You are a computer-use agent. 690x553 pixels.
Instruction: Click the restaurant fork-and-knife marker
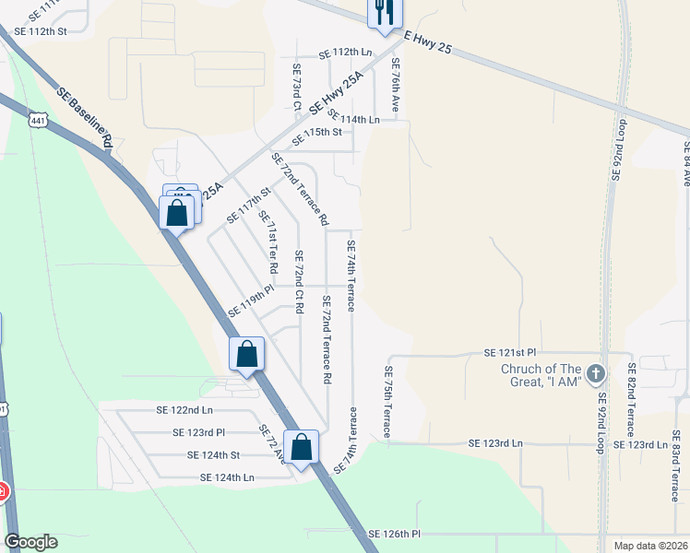point(384,13)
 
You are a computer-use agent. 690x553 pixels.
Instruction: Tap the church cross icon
point(596,374)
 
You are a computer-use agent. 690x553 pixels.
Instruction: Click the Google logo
point(31,542)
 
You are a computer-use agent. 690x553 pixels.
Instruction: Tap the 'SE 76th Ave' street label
point(395,86)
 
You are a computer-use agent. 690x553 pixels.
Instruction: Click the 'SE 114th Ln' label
point(353,120)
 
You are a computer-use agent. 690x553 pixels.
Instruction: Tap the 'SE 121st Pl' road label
point(510,353)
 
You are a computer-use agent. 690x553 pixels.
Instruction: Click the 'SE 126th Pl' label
point(394,534)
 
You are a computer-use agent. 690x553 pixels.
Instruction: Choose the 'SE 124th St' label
point(213,454)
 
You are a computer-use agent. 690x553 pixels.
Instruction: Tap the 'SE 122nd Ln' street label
point(179,410)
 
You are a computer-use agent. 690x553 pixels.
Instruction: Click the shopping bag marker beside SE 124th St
point(302,448)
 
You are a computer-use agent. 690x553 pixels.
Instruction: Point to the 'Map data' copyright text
point(650,545)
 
